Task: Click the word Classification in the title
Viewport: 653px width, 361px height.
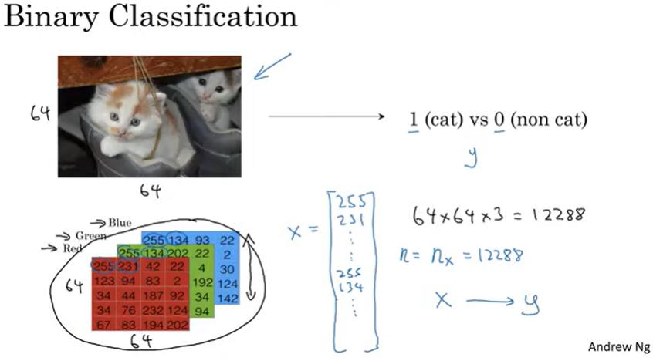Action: click(x=197, y=17)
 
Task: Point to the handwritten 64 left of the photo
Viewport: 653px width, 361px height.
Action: click(x=40, y=113)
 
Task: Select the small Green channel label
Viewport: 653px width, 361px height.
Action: click(x=90, y=235)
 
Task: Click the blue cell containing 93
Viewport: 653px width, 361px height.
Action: click(x=205, y=240)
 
